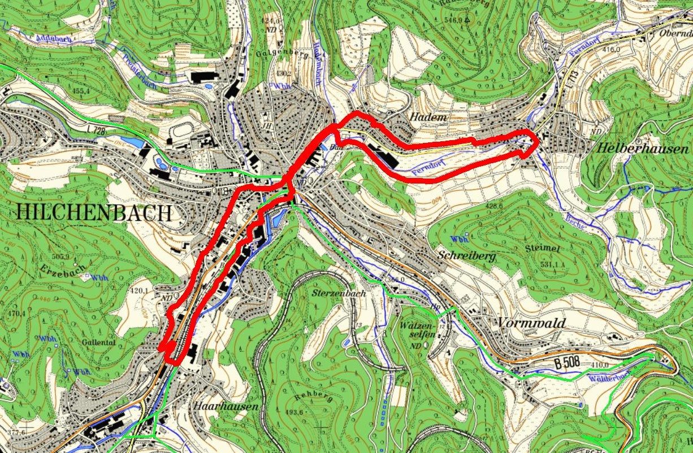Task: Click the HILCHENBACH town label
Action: (x=94, y=213)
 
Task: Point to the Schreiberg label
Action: (x=466, y=256)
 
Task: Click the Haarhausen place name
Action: (x=227, y=406)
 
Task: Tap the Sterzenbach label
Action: (x=339, y=294)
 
